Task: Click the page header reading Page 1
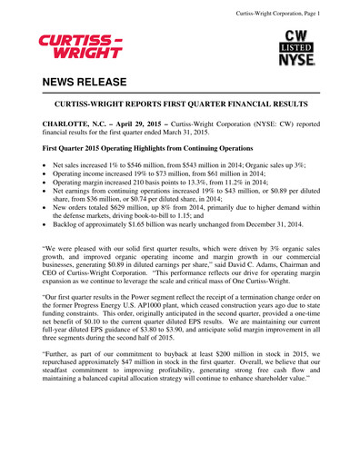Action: [x=305, y=11]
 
